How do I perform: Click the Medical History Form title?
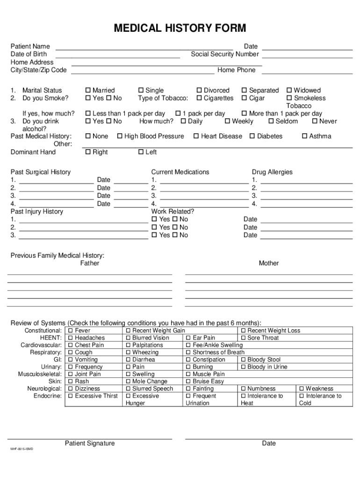pos(180,29)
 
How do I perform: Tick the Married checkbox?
pos(88,90)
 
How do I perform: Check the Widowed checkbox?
pos(289,90)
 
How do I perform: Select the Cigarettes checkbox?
pos(199,98)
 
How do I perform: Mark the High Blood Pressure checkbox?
pos(120,136)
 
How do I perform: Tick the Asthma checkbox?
pos(304,136)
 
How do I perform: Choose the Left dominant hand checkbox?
pos(141,152)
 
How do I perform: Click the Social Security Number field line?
pos(307,56)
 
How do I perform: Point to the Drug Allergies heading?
pos(272,172)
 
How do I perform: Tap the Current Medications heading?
pos(180,172)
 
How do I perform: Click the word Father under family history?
pos(90,263)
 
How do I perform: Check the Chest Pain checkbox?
pos(70,345)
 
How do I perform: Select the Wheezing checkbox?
pos(128,352)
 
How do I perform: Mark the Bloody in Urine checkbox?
pos(243,367)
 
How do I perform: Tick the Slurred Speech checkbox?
pos(128,389)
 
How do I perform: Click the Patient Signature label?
pos(90,443)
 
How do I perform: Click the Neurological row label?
pos(44,389)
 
